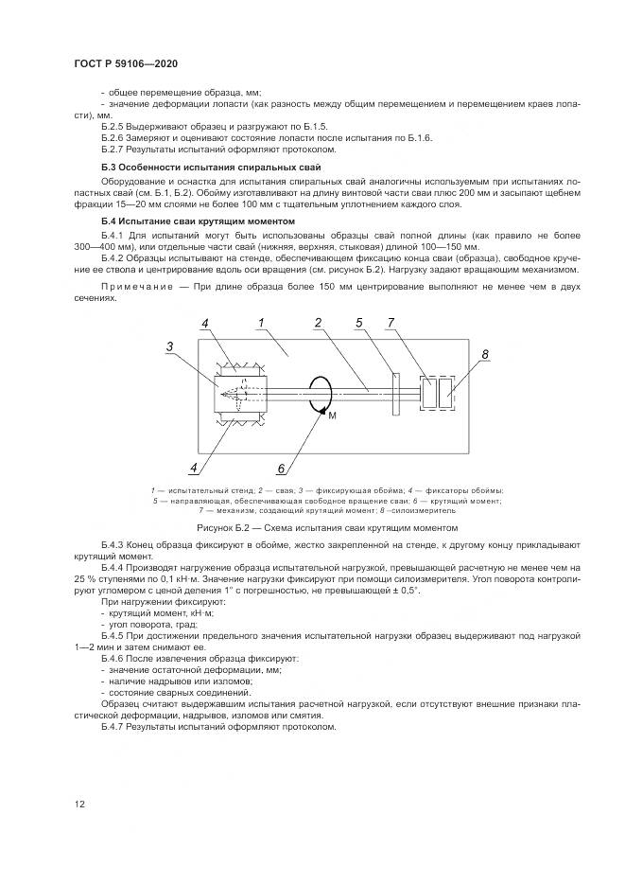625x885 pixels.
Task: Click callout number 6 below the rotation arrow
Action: point(280,467)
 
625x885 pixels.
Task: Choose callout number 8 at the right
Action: point(485,355)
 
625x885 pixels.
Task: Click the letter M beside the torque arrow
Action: point(333,416)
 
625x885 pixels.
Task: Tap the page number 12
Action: point(80,805)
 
